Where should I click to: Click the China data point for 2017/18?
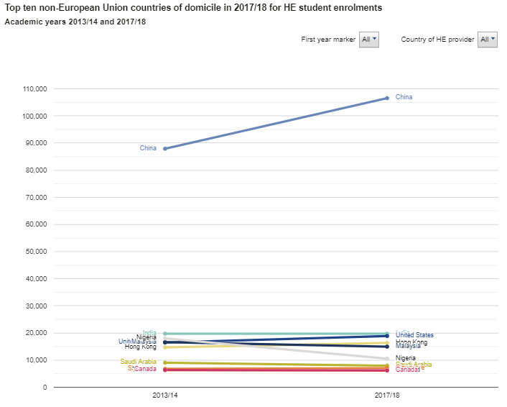387,98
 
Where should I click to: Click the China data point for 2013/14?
165,149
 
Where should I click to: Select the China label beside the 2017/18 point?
404,97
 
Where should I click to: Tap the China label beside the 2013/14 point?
148,148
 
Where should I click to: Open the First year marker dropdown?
369,40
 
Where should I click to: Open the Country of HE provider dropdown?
488,40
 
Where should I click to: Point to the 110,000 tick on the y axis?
35,89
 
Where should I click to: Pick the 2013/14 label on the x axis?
165,396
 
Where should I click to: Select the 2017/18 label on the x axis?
387,396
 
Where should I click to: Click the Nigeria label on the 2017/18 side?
406,358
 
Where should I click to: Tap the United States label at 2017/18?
414,335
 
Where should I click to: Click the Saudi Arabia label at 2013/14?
138,362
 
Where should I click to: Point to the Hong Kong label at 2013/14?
140,347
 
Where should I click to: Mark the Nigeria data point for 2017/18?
387,359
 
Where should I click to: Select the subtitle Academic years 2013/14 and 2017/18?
75,22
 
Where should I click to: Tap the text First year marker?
328,40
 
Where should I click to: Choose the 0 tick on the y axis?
45,388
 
